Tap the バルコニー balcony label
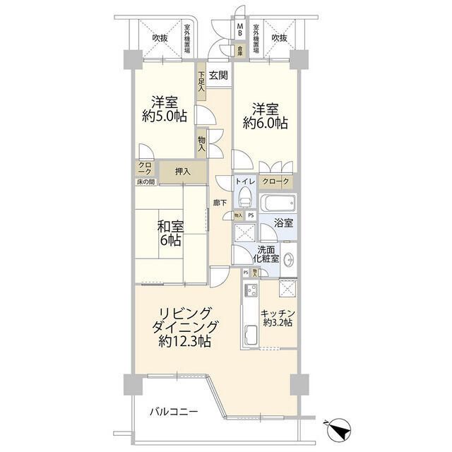point(173,411)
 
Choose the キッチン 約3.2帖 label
point(277,318)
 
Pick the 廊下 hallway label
point(220,203)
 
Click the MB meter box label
point(240,30)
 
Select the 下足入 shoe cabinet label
point(201,81)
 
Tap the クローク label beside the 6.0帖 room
point(275,182)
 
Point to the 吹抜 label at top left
point(159,38)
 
